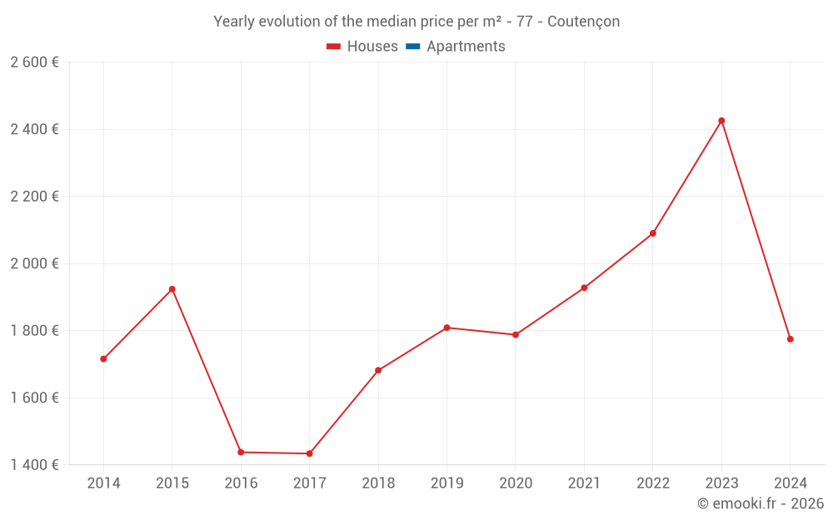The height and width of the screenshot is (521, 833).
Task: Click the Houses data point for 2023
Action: (x=721, y=121)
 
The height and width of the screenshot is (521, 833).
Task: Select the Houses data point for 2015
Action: (x=172, y=289)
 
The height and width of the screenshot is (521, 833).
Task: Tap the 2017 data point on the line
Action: (x=310, y=453)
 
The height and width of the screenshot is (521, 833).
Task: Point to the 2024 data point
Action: (x=790, y=339)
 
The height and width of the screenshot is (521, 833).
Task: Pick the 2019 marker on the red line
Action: (x=446, y=328)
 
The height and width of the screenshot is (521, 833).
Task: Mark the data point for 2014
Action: (x=103, y=359)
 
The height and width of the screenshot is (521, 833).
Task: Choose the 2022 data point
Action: (x=653, y=233)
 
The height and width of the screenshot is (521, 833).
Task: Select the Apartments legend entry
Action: (x=466, y=47)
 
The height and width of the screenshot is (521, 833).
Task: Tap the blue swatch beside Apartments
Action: (x=413, y=47)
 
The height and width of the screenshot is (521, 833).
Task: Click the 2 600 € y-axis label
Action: (x=34, y=63)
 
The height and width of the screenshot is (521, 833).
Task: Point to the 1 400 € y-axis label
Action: (x=34, y=465)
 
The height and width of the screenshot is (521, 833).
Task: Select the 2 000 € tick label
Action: (x=34, y=263)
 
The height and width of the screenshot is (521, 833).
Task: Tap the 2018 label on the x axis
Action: (x=378, y=483)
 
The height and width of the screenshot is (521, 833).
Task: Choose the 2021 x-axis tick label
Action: (x=584, y=483)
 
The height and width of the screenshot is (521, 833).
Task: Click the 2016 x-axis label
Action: (x=241, y=483)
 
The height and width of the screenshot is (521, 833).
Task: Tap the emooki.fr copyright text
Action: (x=761, y=503)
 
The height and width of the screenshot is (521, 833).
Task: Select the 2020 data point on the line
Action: (x=516, y=335)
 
